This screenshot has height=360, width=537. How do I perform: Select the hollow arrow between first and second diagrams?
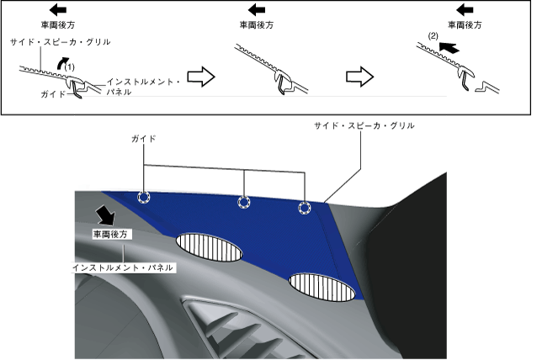point(199,77)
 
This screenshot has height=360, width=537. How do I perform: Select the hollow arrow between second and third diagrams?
point(360,77)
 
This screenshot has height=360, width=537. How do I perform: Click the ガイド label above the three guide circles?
point(142,136)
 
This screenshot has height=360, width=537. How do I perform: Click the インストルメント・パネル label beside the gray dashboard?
point(123,267)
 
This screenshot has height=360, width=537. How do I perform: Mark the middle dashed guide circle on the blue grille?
point(244,202)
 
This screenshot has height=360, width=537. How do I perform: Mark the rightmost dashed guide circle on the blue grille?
point(304,208)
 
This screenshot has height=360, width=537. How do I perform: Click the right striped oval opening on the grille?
point(321,286)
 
